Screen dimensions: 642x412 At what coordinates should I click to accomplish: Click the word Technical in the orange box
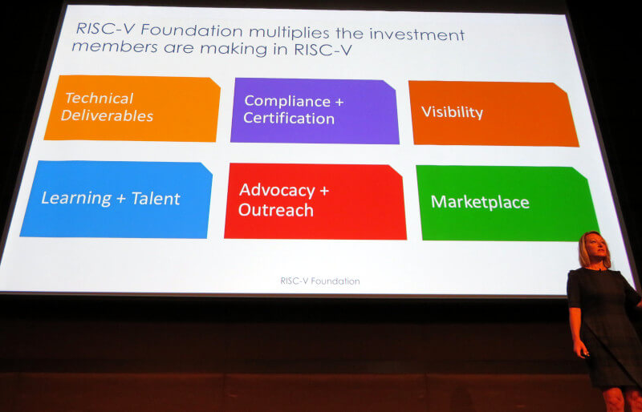(x=99, y=99)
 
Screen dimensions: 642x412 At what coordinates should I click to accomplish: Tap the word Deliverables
(x=107, y=115)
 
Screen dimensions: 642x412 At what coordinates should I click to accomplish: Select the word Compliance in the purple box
(x=287, y=101)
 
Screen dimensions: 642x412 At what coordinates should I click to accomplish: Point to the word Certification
(x=289, y=119)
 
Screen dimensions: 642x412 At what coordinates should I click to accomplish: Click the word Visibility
(x=452, y=112)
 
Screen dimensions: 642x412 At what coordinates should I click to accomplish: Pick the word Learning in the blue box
(x=76, y=199)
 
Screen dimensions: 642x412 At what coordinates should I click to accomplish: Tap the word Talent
(x=156, y=199)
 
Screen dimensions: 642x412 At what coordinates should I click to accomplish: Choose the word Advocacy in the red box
(x=277, y=191)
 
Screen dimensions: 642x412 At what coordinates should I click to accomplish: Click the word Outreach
(x=275, y=210)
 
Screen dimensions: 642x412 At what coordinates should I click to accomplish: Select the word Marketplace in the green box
(x=480, y=202)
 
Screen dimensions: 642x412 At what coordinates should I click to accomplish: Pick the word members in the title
(x=115, y=46)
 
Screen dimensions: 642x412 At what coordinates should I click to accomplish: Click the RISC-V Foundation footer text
(x=319, y=281)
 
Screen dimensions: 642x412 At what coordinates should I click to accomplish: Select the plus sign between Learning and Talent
(x=121, y=200)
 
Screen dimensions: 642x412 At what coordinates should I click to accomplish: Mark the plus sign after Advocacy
(x=324, y=191)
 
